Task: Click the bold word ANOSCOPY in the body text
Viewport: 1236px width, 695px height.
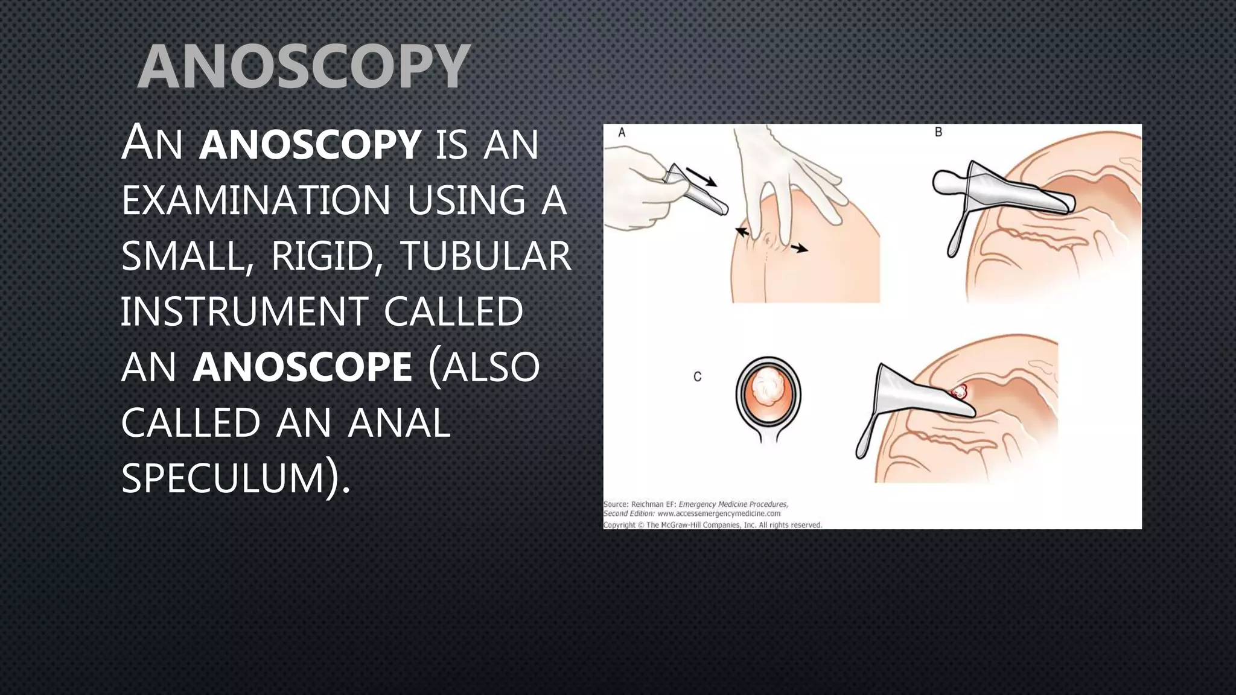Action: (x=310, y=145)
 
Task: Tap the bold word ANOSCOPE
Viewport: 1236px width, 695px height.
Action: (x=302, y=367)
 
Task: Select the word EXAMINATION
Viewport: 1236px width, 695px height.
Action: (x=256, y=200)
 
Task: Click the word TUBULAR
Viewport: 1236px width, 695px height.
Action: (x=485, y=256)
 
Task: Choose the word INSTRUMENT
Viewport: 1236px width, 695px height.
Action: (x=244, y=312)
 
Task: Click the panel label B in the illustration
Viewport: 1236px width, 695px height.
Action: (x=938, y=132)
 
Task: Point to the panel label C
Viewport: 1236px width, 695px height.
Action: (x=698, y=377)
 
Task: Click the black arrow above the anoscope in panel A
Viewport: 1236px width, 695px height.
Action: (x=702, y=177)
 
